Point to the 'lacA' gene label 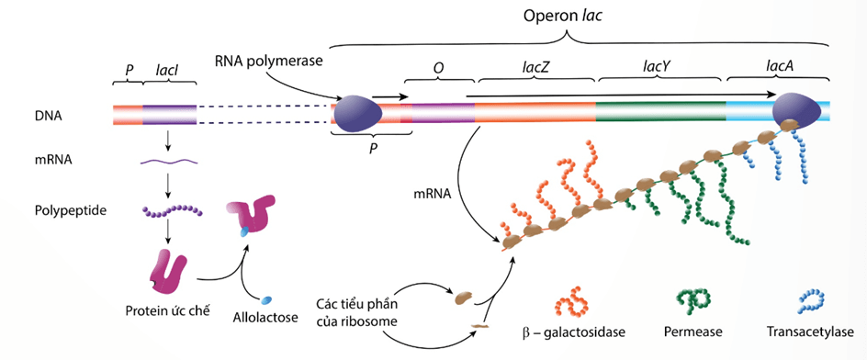point(779,67)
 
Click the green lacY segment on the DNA point(659,113)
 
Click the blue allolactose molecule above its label point(266,300)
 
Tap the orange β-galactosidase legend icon point(569,300)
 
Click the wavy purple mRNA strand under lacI point(168,163)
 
